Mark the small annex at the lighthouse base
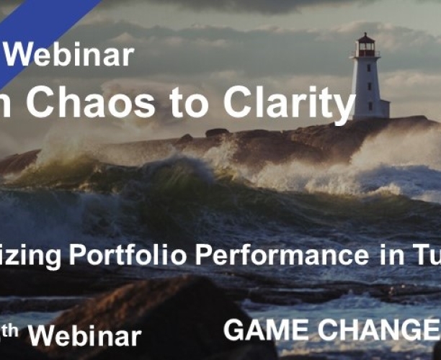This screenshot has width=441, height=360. tap(382, 108)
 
